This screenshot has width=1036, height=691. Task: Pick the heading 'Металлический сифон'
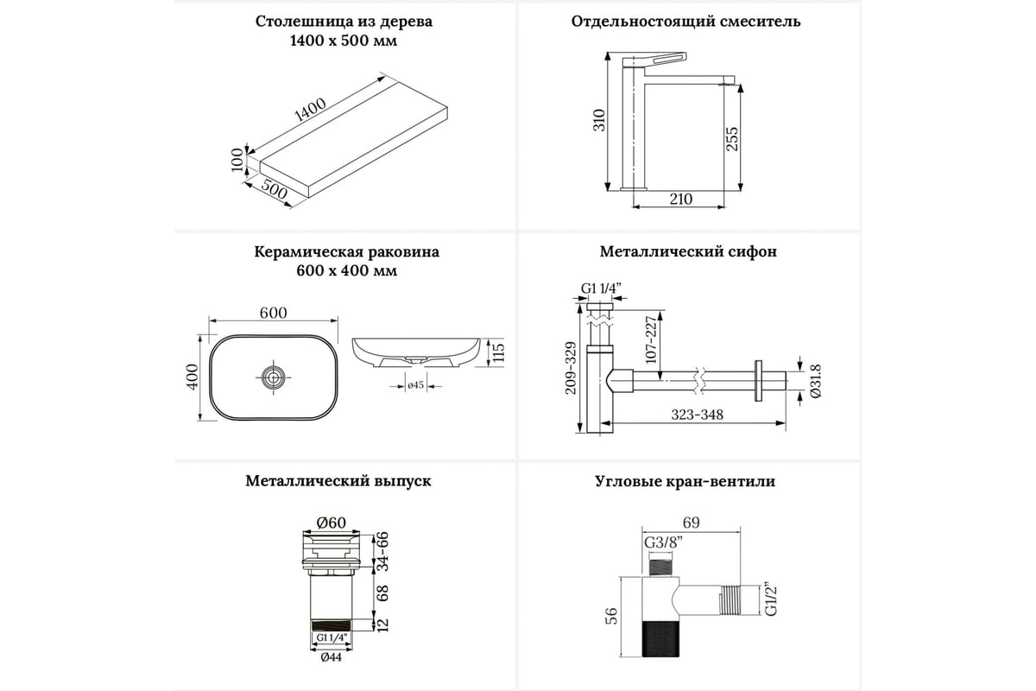pos(688,252)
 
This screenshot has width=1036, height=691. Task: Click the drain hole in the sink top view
pos(274,376)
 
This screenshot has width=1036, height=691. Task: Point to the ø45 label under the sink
pos(414,385)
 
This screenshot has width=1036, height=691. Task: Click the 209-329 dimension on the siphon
pos(570,368)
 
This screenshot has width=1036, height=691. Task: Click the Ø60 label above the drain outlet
pos(331,522)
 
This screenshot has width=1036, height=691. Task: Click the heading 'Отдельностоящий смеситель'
pos(686,22)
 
